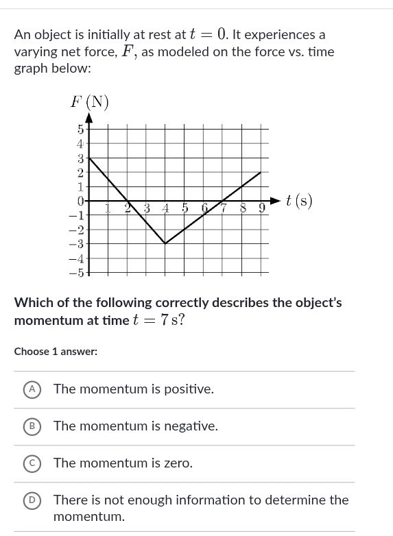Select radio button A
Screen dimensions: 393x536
(31, 389)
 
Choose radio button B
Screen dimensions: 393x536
(31, 426)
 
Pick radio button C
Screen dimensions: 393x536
(31, 463)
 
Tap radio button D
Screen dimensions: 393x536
(31, 500)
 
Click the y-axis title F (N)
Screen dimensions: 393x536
(90, 102)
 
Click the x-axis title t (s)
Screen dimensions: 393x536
(299, 201)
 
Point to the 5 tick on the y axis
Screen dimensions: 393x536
(80, 129)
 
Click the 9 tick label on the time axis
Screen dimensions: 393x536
(261, 208)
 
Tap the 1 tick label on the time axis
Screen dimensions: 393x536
(107, 208)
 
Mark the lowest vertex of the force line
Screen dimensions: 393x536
(165, 243)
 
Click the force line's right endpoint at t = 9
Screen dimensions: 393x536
(261, 172)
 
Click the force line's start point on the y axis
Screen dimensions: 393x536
(88, 158)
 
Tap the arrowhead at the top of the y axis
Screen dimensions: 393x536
(88, 116)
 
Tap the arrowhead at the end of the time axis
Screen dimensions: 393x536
(276, 201)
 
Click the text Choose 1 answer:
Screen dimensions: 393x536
(56, 352)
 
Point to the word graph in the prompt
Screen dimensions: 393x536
(32, 69)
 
